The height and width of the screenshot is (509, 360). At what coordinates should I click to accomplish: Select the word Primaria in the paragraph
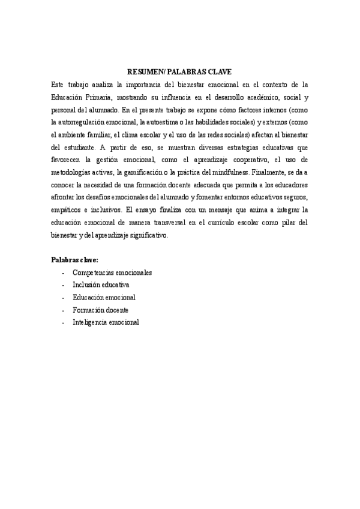pos(100,97)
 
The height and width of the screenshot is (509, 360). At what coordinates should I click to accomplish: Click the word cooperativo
pos(239,160)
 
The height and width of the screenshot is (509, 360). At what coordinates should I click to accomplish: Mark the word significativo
pos(142,236)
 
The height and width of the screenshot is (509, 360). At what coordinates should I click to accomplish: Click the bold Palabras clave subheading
pos(75,260)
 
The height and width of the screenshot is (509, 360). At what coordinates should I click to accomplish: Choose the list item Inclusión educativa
pos(100,285)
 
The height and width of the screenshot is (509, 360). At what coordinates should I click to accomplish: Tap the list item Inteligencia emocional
pos(106,322)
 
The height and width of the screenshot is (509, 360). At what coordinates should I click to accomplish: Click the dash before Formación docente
pos(64,310)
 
